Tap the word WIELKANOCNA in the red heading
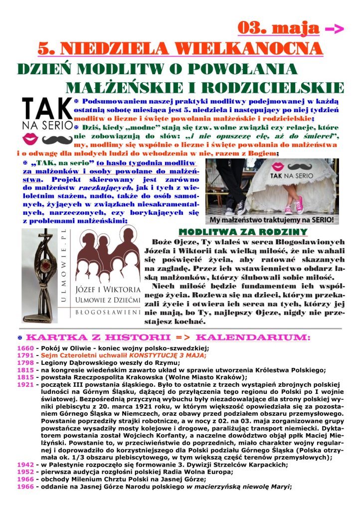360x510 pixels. (256, 49)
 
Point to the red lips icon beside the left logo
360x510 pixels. (29, 138)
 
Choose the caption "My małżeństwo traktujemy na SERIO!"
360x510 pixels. (272, 219)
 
